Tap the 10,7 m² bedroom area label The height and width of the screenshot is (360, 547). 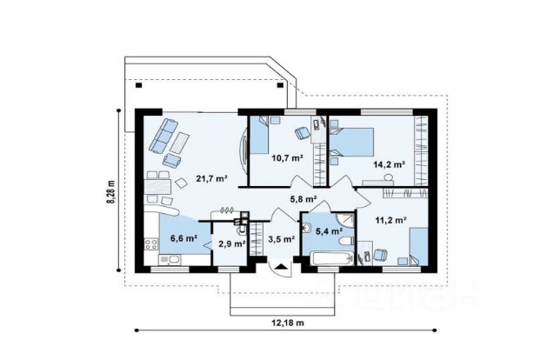coord(288,158)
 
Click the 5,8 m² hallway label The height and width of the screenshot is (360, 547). coord(304,199)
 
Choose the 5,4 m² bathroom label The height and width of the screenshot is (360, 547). coord(329,231)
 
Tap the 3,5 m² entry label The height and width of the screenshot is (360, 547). coord(282,239)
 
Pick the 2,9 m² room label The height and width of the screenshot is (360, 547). coord(232,243)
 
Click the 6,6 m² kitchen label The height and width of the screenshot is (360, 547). coord(183,238)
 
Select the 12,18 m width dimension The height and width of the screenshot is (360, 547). coord(288,323)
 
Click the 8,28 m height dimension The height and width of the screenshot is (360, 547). coord(110,191)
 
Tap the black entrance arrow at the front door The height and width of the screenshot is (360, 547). coord(282,267)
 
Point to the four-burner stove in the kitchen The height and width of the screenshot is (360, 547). coord(151,243)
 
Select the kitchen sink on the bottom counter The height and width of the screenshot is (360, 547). coord(170,260)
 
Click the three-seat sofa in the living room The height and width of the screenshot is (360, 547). coord(163,136)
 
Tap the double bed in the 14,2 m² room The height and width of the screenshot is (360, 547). coord(351,142)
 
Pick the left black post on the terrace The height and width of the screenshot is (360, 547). coord(139,84)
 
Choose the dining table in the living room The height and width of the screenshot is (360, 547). coord(157,187)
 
